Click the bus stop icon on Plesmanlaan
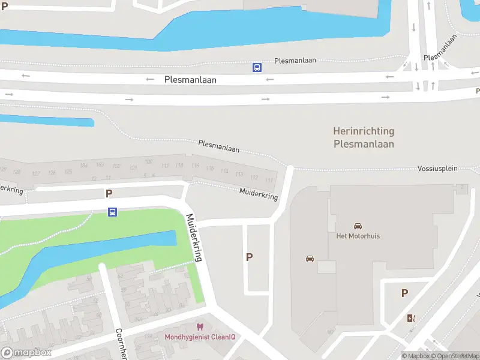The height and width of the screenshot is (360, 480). coord(257,68)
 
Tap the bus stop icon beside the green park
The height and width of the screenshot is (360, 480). coord(112,212)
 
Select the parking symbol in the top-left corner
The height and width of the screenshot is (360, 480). coord(5,6)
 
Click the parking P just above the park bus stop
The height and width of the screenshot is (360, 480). coord(109,193)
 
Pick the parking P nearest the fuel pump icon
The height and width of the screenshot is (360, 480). coord(404,293)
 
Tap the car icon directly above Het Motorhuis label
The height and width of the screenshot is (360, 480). coord(358,226)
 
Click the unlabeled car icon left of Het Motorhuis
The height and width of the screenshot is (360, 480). coord(310,259)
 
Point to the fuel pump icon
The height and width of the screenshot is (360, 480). coord(411,319)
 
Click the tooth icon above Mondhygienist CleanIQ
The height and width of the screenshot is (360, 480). coord(200,327)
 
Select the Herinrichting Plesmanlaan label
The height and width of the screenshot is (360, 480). coord(364,137)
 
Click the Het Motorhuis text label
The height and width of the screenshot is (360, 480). coord(358,236)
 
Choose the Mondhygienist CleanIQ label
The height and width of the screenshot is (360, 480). coord(200,337)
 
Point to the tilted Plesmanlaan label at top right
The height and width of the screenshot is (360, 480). coord(440,47)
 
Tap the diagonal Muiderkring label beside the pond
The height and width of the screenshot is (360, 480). coord(194,238)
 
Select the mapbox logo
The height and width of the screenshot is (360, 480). coord(26,353)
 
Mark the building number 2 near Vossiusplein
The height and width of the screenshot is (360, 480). coord(462,188)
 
